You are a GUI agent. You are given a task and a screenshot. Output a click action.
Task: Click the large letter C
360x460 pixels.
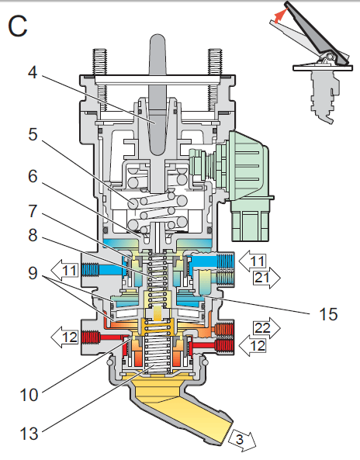pos(18,26)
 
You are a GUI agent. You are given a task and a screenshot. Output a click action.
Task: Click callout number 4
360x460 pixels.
pos(33,72)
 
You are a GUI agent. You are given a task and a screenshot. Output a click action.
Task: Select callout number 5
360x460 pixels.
pos(33,135)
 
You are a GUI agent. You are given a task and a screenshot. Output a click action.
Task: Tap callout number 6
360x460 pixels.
pos(33,176)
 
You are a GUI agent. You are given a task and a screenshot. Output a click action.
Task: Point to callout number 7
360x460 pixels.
pos(33,211)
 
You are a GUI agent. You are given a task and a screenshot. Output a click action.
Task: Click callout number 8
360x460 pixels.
pos(33,235)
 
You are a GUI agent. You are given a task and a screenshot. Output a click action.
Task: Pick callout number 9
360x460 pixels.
pos(33,273)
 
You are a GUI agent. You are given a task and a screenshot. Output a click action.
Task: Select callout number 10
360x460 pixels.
pos(29,395)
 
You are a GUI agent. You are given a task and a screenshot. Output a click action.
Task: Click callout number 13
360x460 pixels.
pos(29,434)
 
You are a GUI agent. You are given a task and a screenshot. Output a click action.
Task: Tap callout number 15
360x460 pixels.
pos(328,314)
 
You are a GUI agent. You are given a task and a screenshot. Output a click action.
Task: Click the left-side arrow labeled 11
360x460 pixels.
pos(65,270)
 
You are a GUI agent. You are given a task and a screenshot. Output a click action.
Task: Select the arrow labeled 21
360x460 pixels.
pos(267,278)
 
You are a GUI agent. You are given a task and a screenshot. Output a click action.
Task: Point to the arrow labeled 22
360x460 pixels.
pos(267,327)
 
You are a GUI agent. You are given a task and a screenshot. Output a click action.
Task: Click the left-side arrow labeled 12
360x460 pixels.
pos(65,337)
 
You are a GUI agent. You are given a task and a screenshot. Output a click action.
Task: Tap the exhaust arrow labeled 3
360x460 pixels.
pos(242,440)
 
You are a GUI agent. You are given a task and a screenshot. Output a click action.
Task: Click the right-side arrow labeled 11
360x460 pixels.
pos(252,261)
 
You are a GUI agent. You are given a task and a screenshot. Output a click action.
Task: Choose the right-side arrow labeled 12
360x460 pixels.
pos(252,345)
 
